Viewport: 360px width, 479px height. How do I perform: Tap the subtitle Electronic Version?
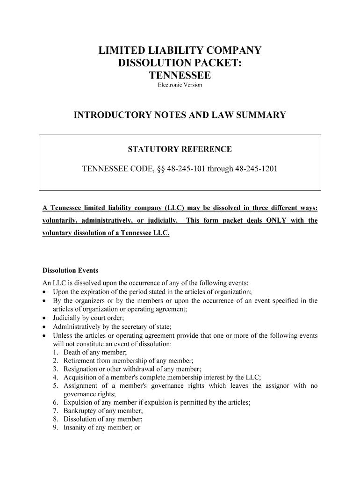[180, 85]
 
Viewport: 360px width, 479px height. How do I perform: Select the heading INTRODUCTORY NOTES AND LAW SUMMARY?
[180, 115]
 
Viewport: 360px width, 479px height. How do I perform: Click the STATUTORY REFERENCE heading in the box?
[180, 150]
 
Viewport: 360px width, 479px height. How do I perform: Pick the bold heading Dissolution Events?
[70, 270]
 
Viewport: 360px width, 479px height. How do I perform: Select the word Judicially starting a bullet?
[68, 318]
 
